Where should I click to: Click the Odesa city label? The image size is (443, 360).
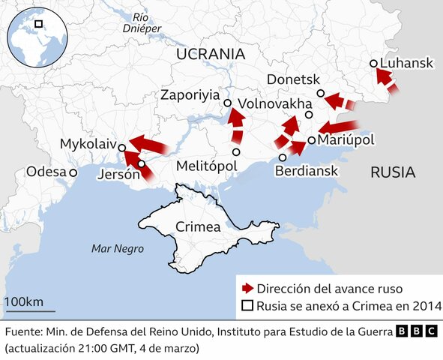coord(46,172)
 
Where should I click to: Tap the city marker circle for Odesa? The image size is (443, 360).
coord(73,172)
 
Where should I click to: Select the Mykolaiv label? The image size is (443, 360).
coord(86,143)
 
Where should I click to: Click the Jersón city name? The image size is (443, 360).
coord(119,175)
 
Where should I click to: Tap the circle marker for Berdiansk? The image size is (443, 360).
coord(283,157)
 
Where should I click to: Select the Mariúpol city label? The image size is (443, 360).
coord(346,140)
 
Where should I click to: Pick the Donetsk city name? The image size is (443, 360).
coord(294,79)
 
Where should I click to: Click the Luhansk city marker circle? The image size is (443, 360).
coord(374,64)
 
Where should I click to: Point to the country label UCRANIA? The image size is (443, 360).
coord(211,54)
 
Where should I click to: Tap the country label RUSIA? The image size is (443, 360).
coord(392,172)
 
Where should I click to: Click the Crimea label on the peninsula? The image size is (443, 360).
coord(197,226)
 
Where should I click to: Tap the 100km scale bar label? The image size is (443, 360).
coord(23,301)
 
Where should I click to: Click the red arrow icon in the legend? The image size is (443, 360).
coord(247,288)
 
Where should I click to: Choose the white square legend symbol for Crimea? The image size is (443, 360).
coord(247,306)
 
